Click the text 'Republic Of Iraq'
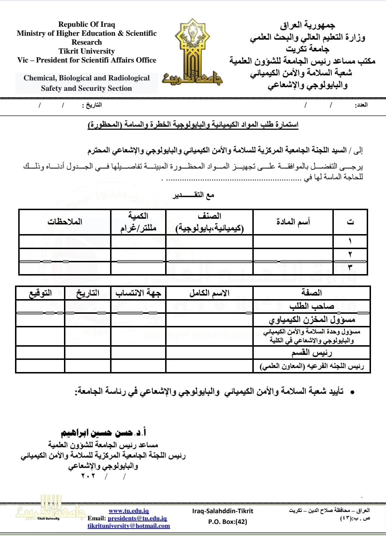(x=86, y=24)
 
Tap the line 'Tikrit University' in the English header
(x=86, y=51)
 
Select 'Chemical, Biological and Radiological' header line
(x=86, y=78)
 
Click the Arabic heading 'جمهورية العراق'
(x=307, y=25)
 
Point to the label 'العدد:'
(x=361, y=105)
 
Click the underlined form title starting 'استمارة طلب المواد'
(x=193, y=124)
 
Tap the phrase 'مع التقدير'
(x=193, y=195)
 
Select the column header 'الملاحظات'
(x=65, y=222)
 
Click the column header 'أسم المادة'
(x=293, y=222)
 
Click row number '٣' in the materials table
(x=350, y=267)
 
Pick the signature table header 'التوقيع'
(x=40, y=293)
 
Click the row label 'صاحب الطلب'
(x=312, y=306)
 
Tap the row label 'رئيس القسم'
(x=312, y=353)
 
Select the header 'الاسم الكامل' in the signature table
(x=209, y=293)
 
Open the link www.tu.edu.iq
(x=129, y=511)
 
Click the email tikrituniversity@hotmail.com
(x=129, y=526)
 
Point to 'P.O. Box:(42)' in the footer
(x=228, y=521)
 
